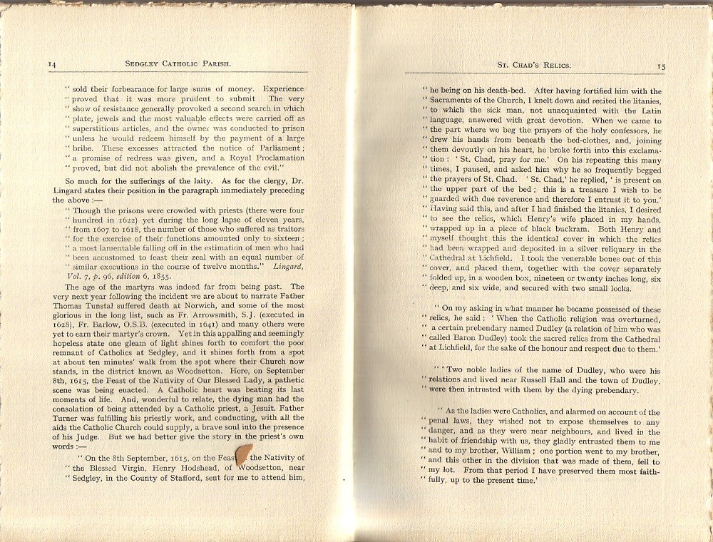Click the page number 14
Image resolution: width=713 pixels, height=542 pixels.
52,64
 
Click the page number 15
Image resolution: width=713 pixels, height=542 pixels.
661,66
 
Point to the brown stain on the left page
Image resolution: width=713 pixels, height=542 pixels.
243,454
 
